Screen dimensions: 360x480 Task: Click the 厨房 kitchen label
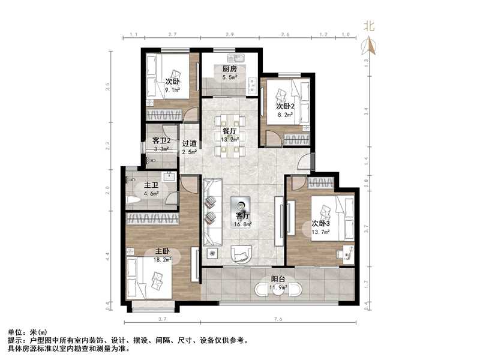click(x=230, y=68)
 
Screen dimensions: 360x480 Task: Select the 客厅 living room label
click(x=242, y=215)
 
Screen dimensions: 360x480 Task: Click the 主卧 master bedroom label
click(x=154, y=252)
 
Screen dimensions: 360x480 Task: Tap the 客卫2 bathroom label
click(x=161, y=141)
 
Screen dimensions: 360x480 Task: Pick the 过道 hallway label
click(x=190, y=143)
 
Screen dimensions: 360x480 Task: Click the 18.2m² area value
click(x=161, y=260)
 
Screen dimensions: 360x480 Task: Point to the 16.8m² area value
click(x=242, y=224)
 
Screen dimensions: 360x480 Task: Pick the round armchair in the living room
click(x=242, y=254)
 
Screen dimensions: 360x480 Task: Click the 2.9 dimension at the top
click(x=230, y=35)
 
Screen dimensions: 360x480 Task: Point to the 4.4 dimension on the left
click(x=107, y=254)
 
